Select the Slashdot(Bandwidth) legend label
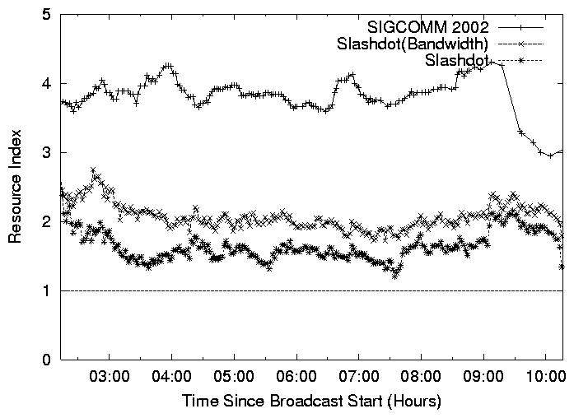(x=413, y=43)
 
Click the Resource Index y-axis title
(x=15, y=188)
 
